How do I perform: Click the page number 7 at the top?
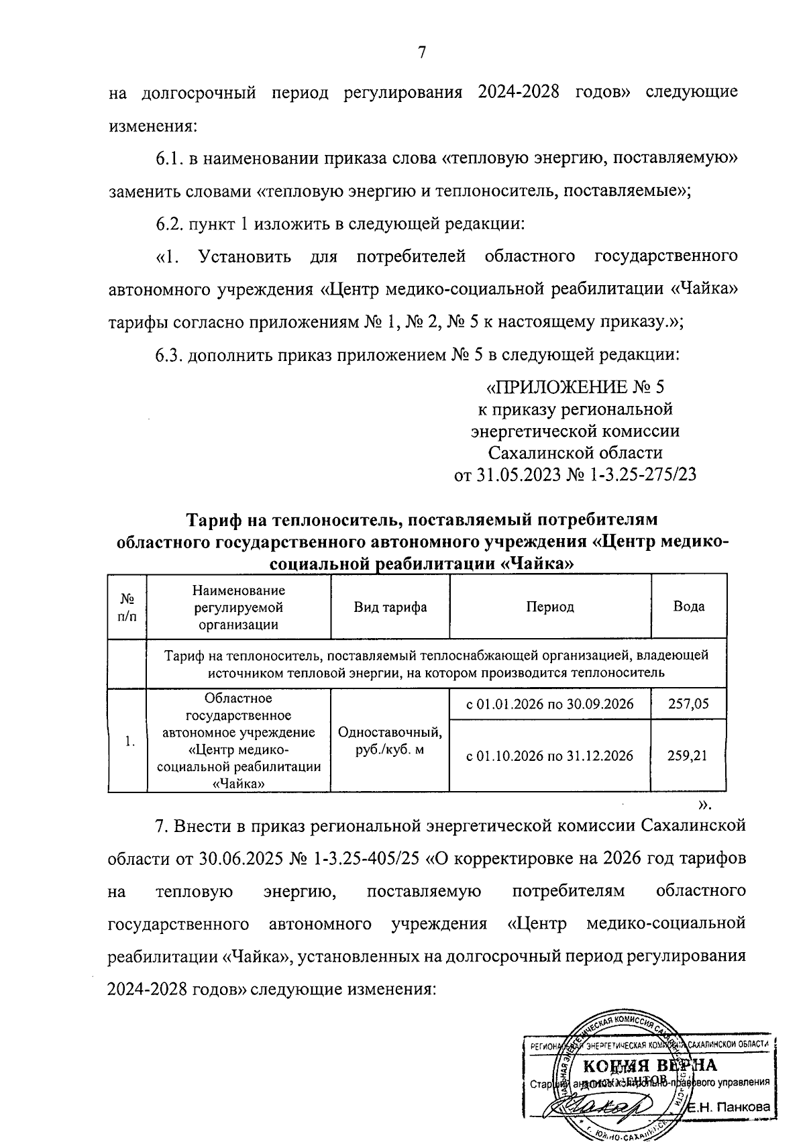click(x=421, y=53)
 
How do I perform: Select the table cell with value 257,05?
click(x=688, y=704)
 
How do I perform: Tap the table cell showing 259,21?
click(x=688, y=756)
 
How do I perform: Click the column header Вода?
click(x=688, y=607)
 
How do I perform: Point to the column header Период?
click(x=549, y=607)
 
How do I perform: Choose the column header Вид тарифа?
click(x=390, y=607)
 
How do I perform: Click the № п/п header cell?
click(x=127, y=607)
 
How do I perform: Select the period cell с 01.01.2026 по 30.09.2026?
click(x=549, y=704)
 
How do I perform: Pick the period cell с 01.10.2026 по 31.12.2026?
click(x=549, y=756)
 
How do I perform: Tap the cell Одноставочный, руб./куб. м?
click(x=390, y=740)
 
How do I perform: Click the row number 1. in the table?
click(x=130, y=741)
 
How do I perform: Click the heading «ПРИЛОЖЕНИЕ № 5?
click(x=575, y=388)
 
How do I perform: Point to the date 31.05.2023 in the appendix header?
click(x=520, y=475)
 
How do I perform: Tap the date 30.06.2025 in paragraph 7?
click(x=238, y=859)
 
